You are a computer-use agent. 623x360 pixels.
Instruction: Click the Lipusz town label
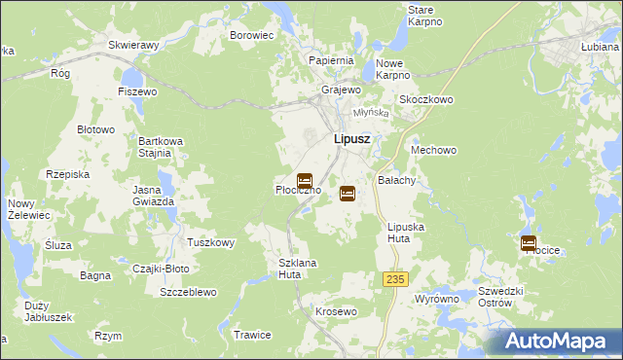coord(350,139)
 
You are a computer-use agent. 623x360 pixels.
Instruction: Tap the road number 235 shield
coord(394,279)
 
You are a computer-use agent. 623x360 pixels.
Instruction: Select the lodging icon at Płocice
coord(529,243)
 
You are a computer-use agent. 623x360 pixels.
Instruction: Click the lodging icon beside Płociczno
coord(305,181)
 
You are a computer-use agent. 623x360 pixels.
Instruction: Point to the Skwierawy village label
coord(134,45)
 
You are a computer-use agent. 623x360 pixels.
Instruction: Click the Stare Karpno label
coord(425,15)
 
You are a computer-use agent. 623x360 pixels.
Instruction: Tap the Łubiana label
coord(600,46)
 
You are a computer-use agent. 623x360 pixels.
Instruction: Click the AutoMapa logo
coord(558,342)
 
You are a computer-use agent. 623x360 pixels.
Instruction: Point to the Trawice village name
coord(252,335)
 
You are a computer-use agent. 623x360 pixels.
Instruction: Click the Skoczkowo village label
coord(426,99)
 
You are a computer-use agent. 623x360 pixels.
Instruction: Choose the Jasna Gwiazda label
coord(154,195)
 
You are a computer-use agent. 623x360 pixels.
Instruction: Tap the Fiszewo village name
coord(137,91)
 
